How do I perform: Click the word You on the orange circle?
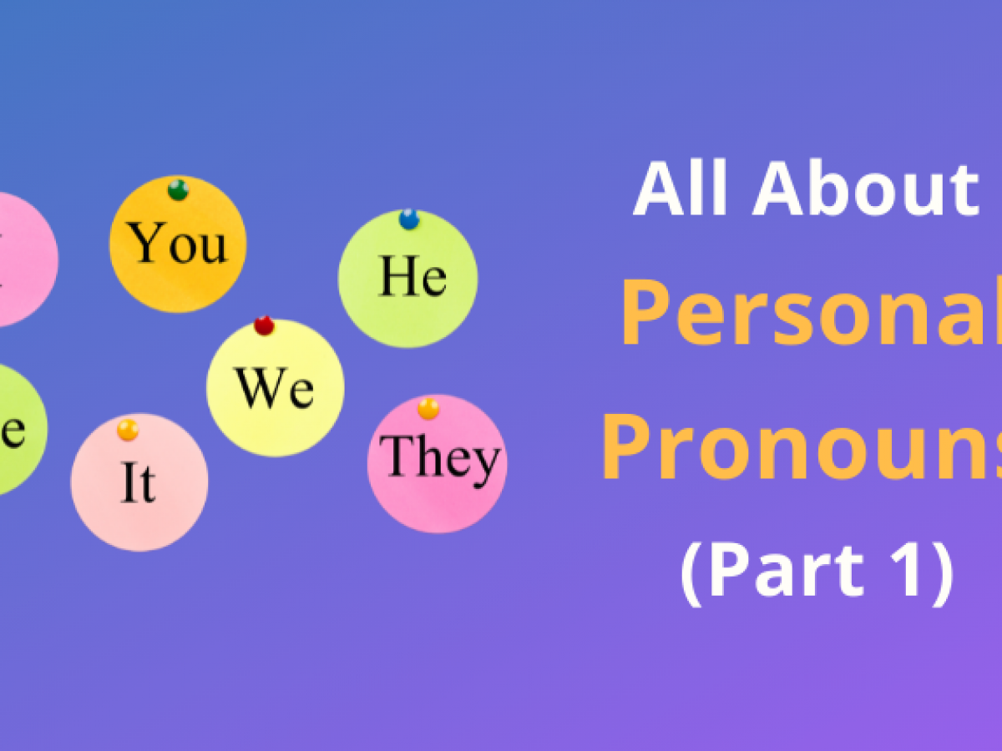tap(179, 244)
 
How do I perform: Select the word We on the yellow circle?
tap(275, 388)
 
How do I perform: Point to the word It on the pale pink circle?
tap(138, 484)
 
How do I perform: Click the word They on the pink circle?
tap(440, 458)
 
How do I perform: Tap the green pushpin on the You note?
tap(178, 189)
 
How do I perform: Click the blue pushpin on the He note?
tap(408, 219)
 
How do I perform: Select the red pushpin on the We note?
tap(264, 325)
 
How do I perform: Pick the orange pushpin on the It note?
tap(128, 431)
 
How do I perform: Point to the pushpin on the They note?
tap(428, 409)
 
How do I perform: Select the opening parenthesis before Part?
tap(691, 576)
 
